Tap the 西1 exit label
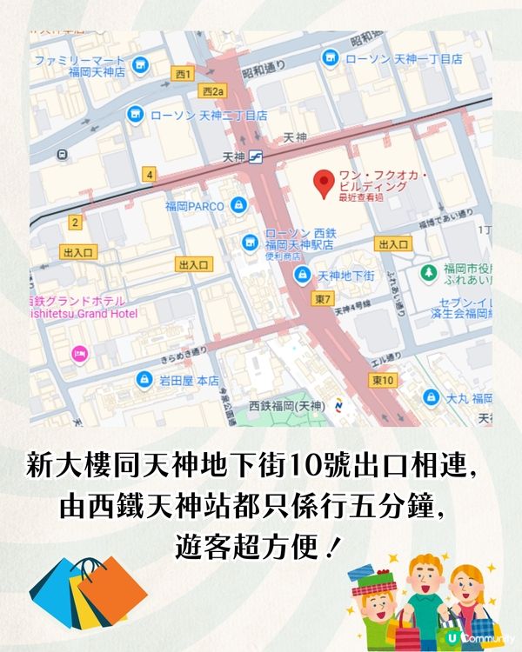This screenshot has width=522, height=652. point(182,74)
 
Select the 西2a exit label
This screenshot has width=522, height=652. point(212,90)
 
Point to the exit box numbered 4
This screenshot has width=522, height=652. point(151,175)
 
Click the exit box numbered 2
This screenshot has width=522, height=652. point(75,223)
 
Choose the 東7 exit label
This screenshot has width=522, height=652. point(324,299)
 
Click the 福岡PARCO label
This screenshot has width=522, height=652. point(195,206)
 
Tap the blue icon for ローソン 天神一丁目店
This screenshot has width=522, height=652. point(330,58)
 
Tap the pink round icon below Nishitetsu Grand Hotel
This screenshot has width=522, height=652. point(78,354)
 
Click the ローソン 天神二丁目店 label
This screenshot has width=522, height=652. point(209,115)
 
